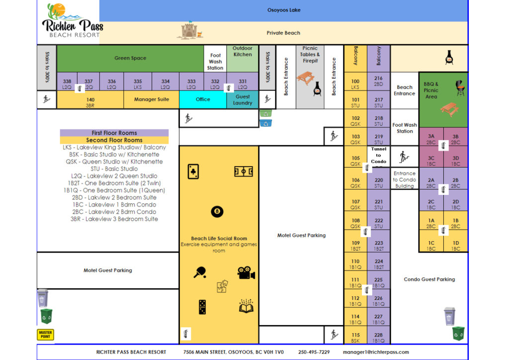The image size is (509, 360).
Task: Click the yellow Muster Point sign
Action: point(45,334)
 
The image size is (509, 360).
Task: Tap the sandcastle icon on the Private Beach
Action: point(188,31)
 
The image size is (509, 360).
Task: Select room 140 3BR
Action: point(90,101)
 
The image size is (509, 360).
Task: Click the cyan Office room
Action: point(203,99)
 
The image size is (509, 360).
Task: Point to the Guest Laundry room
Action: point(243,99)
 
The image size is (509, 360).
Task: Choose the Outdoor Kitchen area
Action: point(243,59)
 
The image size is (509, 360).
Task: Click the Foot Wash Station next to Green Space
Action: point(215,61)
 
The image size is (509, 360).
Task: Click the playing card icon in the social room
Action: point(193,172)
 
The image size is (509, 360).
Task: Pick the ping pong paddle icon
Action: point(200,272)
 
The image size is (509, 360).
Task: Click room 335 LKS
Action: point(138,84)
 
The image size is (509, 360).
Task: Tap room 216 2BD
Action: point(379,81)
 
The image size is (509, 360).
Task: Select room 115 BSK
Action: point(355,337)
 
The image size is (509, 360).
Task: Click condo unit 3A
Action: point(431,138)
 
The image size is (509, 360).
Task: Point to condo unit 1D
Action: point(456,245)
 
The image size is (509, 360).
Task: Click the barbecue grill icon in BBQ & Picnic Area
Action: point(459,88)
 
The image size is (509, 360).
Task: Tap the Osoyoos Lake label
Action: point(284,10)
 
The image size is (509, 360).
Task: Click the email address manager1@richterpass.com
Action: point(376,352)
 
